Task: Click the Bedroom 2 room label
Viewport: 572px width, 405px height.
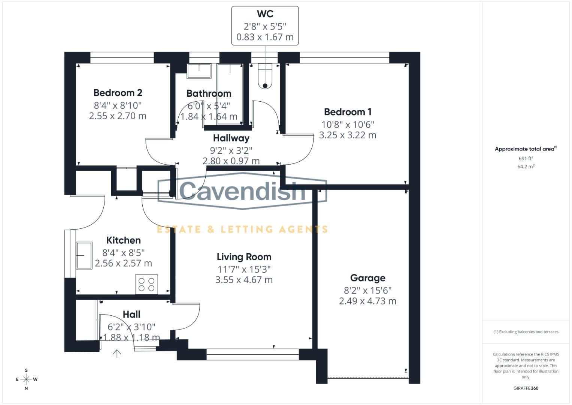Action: pos(118,93)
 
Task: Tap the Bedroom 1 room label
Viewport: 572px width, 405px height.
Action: pos(348,112)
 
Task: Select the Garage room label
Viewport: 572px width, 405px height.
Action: pos(367,278)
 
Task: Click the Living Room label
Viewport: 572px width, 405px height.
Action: pos(244,257)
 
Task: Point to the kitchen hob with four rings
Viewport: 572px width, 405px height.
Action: pos(146,284)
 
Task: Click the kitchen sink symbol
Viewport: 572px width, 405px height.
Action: pos(84,255)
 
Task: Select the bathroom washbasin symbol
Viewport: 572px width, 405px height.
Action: pos(199,70)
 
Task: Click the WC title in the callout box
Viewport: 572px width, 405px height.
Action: pos(265,14)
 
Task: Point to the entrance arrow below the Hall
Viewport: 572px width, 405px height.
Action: pos(117,353)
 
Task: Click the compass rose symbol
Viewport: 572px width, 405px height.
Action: pos(26,379)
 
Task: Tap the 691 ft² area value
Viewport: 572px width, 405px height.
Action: pos(526,159)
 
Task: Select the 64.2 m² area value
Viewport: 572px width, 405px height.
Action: pos(526,166)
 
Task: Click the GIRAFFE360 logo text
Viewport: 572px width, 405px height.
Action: pos(526,388)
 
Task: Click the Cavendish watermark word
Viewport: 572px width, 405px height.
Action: pos(243,190)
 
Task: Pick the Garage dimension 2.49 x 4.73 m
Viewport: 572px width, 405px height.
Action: pos(367,301)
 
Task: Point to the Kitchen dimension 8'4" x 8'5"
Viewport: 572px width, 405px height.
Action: pos(123,253)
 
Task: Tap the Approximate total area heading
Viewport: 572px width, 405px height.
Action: pos(526,149)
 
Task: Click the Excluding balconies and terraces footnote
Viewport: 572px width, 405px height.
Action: pos(526,332)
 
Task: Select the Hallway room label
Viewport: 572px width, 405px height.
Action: pos(231,138)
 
